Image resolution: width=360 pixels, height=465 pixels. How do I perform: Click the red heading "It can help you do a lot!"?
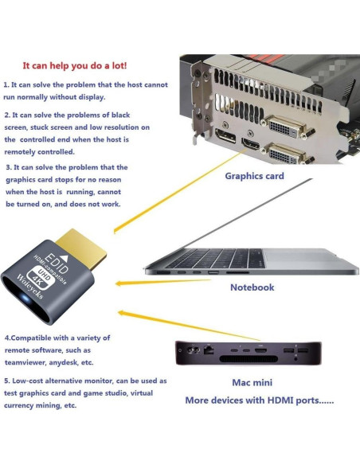point(75,65)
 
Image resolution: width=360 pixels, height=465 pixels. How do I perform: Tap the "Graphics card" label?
point(254,176)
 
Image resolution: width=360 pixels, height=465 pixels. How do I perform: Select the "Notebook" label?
point(252,287)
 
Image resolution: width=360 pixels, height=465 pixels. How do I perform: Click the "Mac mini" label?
point(252,382)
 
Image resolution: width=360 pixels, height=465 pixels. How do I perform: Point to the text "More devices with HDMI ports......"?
point(260,401)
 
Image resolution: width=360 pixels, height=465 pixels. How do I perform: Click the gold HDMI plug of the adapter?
point(81,247)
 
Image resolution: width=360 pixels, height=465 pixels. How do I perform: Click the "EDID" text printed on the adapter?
point(57,263)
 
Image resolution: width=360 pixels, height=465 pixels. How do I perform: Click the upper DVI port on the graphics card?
point(284,127)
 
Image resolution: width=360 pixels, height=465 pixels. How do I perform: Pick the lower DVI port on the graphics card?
point(287,154)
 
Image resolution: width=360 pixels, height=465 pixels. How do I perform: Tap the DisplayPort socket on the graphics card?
point(226,135)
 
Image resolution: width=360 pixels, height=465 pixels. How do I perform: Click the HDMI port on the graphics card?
point(251,144)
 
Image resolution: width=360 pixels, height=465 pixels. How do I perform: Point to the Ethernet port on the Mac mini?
point(209,350)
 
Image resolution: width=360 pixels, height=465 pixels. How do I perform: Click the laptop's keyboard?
point(216,258)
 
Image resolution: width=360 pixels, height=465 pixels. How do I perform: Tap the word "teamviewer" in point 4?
point(25,362)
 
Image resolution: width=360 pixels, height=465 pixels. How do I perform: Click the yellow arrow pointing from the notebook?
point(162,282)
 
